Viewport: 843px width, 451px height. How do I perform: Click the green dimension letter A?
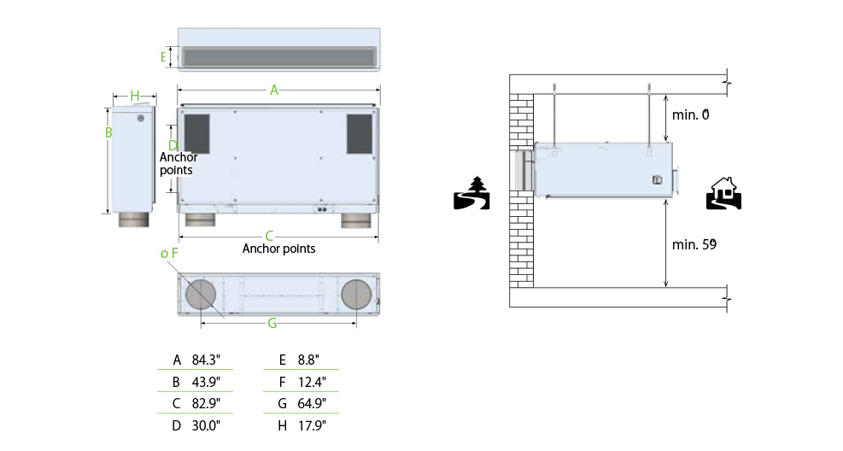coord(274,91)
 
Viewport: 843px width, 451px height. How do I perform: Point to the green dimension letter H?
coord(135,96)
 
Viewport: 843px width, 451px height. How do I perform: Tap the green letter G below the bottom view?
coord(272,323)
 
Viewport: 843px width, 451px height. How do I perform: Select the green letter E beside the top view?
coord(163,56)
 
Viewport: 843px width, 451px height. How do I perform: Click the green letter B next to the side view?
coord(108,132)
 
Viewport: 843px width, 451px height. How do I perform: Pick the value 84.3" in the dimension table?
coord(206,360)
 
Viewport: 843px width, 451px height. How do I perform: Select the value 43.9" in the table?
coord(206,382)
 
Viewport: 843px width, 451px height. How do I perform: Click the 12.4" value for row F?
coord(312,382)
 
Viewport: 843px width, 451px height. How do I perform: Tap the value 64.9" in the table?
coord(312,403)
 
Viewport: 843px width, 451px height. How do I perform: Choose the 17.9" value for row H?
coord(312,425)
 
